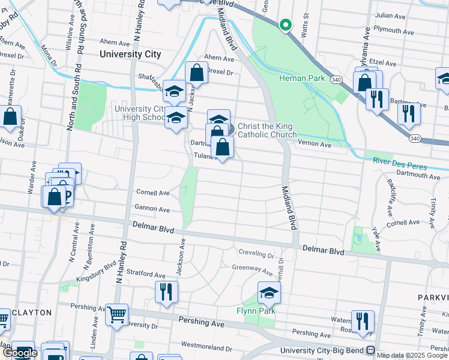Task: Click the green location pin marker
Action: tap(286, 25)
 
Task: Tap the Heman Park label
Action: tap(301, 79)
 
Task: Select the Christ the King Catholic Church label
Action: tap(267, 130)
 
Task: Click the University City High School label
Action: tap(140, 112)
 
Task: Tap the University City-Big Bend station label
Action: tap(324, 350)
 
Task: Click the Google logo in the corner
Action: tap(20, 353)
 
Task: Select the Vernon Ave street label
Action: tap(317, 145)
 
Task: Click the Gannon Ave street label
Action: tap(152, 209)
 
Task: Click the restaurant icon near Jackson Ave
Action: tap(166, 292)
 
